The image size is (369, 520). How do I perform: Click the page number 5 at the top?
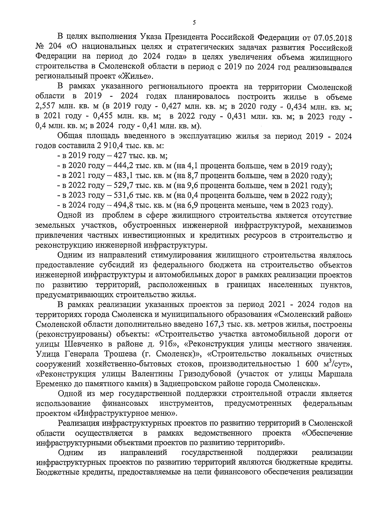[x=194, y=22]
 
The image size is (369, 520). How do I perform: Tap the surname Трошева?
[x=119, y=354]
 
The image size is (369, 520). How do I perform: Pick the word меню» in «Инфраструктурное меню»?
[x=164, y=413]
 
